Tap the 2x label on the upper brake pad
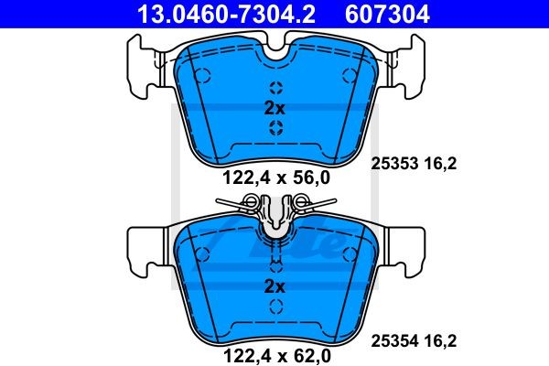coord(275,107)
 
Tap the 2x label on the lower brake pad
coord(275,286)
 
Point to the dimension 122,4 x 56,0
coord(275,178)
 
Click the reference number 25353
coord(392,164)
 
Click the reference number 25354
coord(392,341)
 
